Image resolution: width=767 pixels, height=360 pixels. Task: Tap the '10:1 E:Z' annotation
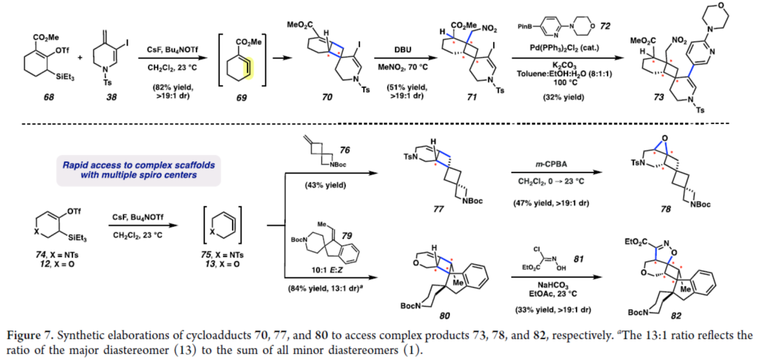tap(323, 273)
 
